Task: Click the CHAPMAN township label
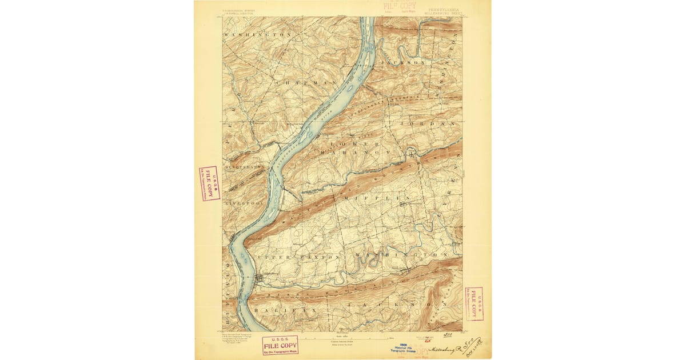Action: [x=297, y=83]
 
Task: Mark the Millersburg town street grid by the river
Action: [x=261, y=277]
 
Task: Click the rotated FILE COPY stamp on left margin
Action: [x=209, y=183]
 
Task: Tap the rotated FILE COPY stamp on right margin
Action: [x=474, y=303]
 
